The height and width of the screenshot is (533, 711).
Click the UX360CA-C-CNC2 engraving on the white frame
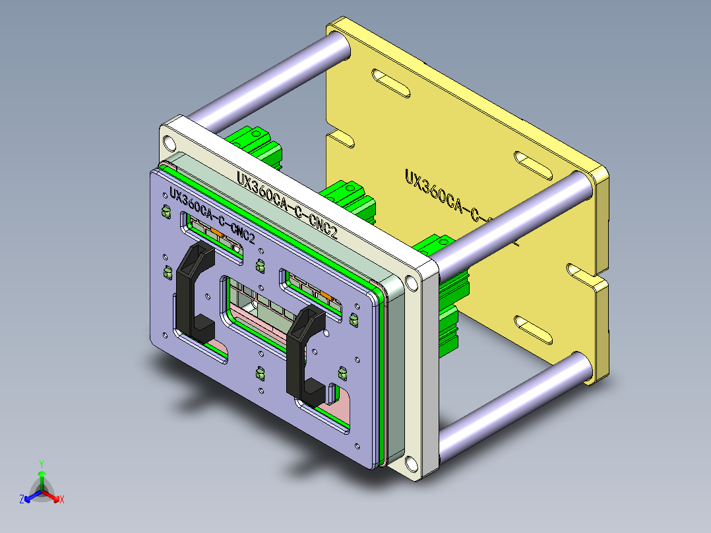[290, 204]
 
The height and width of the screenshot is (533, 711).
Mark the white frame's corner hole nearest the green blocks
[412, 282]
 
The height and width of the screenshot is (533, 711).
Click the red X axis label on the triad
[61, 500]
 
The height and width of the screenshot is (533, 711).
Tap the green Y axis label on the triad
[41, 464]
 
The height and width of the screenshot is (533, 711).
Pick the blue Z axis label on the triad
[21, 500]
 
